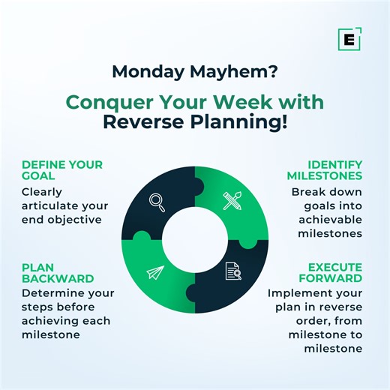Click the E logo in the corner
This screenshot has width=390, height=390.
click(x=349, y=39)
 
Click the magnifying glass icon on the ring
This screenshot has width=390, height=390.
click(x=157, y=202)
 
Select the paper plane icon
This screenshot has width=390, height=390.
click(x=156, y=273)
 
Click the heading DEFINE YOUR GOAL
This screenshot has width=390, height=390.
click(x=61, y=170)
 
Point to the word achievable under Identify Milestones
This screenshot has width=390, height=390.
click(x=331, y=219)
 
